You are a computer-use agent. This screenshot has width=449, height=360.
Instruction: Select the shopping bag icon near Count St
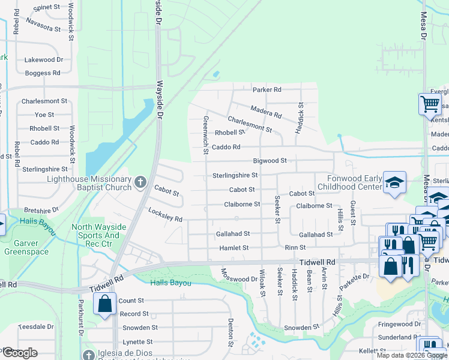click(x=105, y=304)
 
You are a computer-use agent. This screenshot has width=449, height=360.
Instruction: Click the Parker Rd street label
click(x=267, y=90)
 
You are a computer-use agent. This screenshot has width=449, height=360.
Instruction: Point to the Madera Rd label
click(x=265, y=110)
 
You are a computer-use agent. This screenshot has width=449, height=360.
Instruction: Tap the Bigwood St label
click(x=270, y=161)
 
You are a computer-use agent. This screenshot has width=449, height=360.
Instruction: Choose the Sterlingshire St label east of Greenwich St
click(x=235, y=175)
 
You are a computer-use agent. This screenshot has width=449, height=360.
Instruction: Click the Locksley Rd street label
click(x=165, y=215)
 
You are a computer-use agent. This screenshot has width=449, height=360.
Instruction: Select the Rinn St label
click(x=295, y=247)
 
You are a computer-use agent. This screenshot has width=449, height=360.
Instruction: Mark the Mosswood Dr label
click(x=240, y=279)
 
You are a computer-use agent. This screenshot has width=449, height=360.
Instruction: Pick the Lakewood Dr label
click(x=43, y=60)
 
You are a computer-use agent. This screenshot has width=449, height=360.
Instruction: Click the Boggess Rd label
click(x=43, y=73)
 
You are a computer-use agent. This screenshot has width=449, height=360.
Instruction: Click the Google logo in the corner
click(x=20, y=353)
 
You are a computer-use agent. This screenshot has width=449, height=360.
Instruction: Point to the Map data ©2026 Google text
click(x=412, y=355)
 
